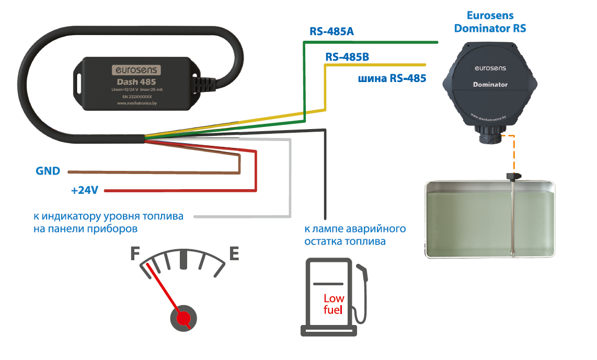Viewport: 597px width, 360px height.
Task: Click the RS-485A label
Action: pos(331,32)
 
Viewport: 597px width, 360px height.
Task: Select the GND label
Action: pos(48,171)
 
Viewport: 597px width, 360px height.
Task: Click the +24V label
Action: pos(85,191)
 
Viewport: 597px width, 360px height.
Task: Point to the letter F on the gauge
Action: pos(135,254)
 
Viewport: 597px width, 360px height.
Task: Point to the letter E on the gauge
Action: pos(234,254)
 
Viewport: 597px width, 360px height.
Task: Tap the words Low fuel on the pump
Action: pos(334,304)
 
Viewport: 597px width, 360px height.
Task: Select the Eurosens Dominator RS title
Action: pos(490,22)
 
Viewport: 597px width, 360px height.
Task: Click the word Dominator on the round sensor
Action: pos(490,85)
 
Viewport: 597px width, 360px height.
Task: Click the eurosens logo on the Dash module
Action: pos(137,69)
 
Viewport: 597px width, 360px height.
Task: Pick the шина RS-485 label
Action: pos(392,79)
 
